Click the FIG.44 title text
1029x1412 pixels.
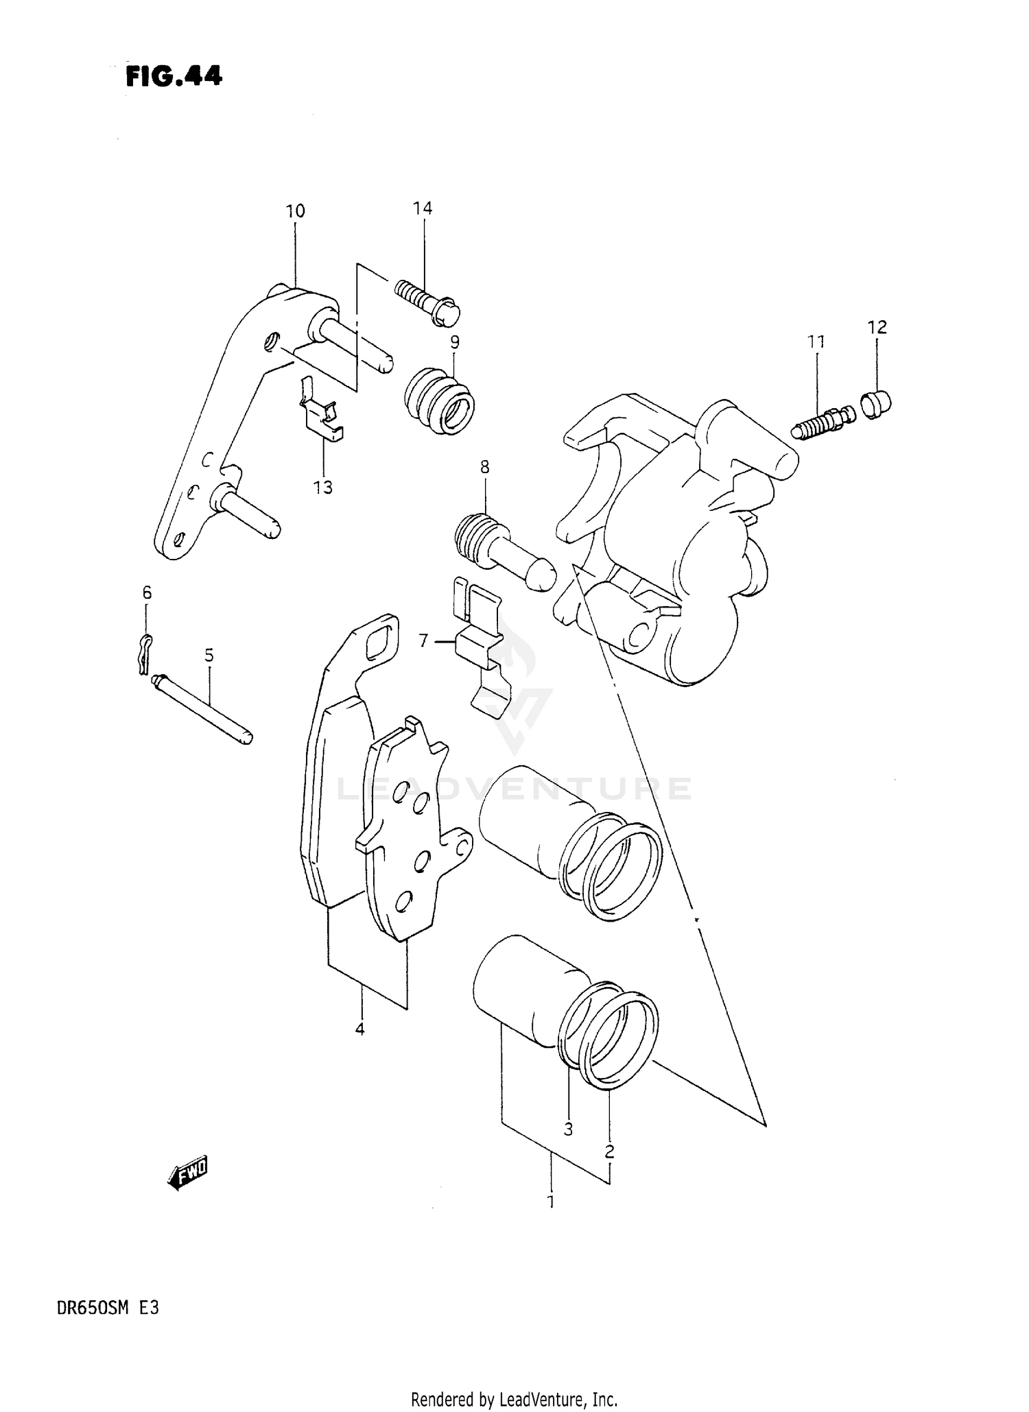click(174, 76)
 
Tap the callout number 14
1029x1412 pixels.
click(423, 208)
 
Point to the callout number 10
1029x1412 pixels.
click(296, 211)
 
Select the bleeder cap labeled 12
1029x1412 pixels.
click(875, 404)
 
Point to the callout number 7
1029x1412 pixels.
click(423, 641)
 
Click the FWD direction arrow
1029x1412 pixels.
click(187, 1177)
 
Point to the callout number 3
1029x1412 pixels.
click(568, 1129)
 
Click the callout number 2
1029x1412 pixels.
click(609, 1152)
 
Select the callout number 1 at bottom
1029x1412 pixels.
click(550, 1202)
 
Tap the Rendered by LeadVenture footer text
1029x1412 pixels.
click(514, 1399)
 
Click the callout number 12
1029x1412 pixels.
click(877, 327)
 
